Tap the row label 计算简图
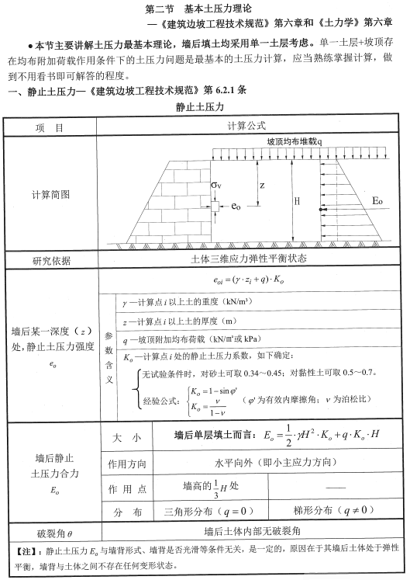51,193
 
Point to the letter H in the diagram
296,200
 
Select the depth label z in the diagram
263,186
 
